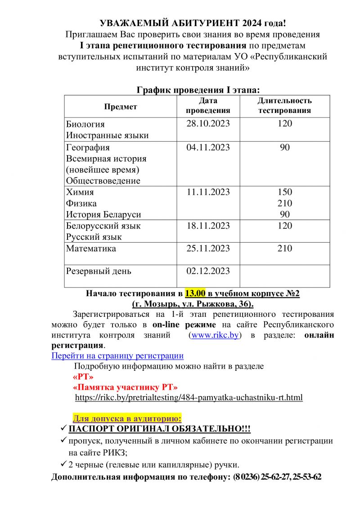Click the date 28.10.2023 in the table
click(208, 124)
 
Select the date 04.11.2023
click(208, 147)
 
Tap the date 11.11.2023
click(208, 192)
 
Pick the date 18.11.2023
click(208, 225)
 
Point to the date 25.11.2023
click(208, 248)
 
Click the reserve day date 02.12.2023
click(208, 271)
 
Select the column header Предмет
click(120, 107)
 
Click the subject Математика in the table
click(91, 248)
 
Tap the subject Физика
click(81, 203)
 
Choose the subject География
click(88, 147)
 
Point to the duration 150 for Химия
click(284, 192)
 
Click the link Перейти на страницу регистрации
click(117, 356)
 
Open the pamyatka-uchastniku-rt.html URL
click(189, 398)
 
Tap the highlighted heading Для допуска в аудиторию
click(127, 418)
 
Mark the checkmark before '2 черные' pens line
click(64, 464)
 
